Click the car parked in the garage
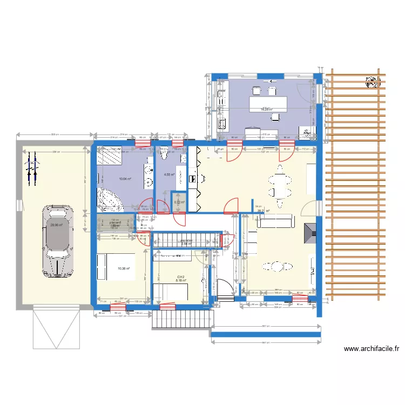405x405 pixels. [56, 240]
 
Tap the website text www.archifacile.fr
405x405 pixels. [372, 349]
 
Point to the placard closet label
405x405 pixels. [115, 222]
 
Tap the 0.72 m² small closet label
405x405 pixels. [179, 202]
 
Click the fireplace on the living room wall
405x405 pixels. [310, 233]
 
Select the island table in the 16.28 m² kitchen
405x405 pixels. [268, 103]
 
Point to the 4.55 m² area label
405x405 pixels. [169, 175]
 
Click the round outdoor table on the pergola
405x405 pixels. [371, 84]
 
